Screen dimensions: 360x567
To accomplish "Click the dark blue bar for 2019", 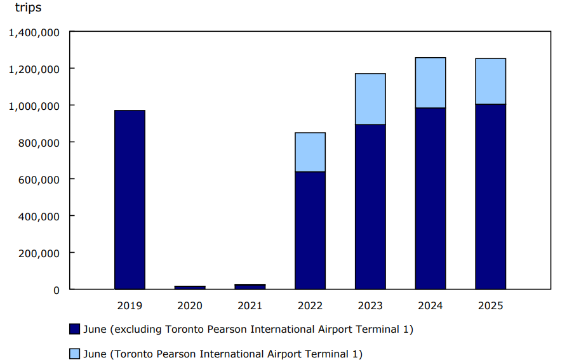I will pos(130,200).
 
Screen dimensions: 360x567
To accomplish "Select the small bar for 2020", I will pos(190,288).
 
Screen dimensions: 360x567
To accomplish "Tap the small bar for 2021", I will pos(250,287).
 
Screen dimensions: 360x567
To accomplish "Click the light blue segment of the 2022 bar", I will pos(310,152).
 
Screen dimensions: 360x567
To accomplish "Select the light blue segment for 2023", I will pos(370,99).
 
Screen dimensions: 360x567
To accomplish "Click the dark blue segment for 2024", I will pos(430,199).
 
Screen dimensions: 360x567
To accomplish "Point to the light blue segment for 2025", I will pos(490,81).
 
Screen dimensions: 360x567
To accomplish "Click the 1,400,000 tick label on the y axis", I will pos(34,32).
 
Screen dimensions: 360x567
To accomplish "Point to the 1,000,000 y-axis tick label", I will pos(34,105).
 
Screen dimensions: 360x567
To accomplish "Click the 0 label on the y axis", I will pos(57,290).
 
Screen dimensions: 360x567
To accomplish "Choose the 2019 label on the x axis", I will pos(130,305).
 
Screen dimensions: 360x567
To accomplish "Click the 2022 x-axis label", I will pos(310,305).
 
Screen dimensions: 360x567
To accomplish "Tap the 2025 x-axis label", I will pos(490,305).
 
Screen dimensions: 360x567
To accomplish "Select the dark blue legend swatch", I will pos(74,329).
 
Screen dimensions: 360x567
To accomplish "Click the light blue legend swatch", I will pos(74,354).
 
